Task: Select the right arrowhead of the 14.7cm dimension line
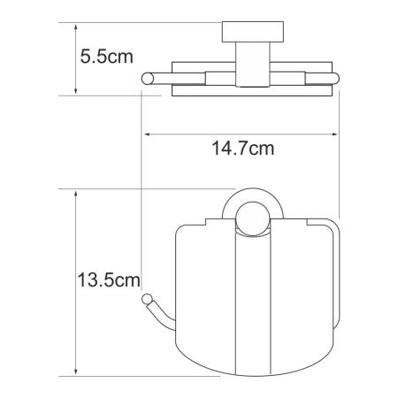[x=336, y=134]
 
